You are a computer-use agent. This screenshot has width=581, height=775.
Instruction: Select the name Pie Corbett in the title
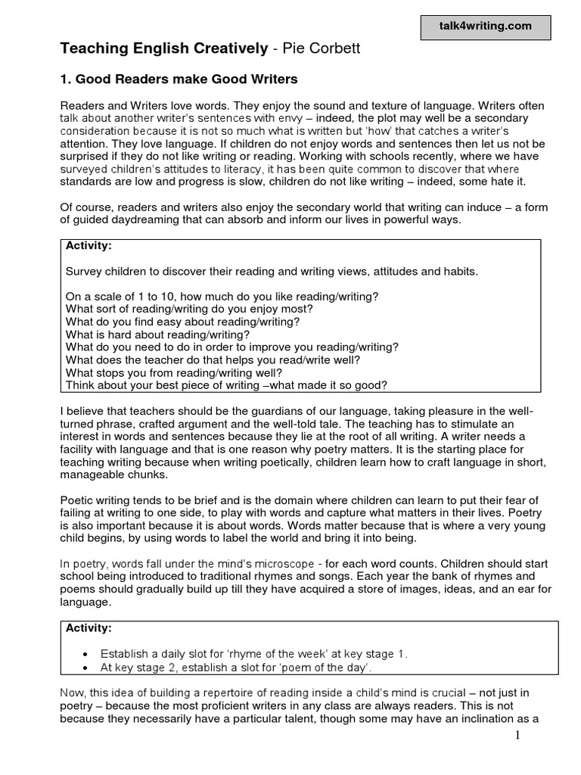coord(308,49)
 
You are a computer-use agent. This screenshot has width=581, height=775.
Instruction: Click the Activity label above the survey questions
coord(89,247)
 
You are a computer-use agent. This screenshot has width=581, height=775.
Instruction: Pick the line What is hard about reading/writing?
coord(157,335)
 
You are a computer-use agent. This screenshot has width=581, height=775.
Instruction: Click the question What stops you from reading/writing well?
coord(173,372)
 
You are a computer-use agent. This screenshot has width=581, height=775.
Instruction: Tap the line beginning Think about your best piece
coord(226,385)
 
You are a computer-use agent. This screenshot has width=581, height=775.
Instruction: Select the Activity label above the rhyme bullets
coord(89,628)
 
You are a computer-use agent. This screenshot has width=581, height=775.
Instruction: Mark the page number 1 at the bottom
coord(517,736)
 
